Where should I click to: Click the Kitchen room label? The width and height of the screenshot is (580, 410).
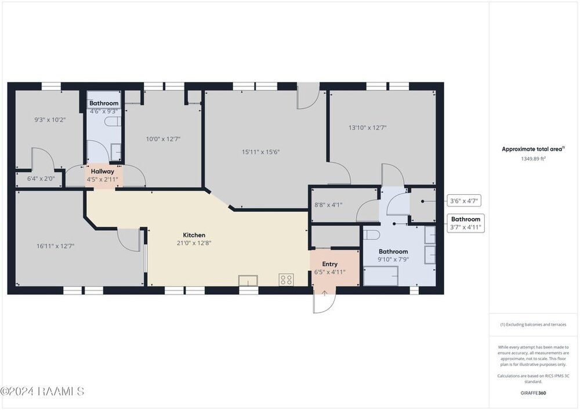coord(194,235)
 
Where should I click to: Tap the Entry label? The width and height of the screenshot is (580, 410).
coord(329,264)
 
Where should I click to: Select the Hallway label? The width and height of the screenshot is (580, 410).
coord(103,172)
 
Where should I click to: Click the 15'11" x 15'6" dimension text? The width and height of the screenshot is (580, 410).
coord(261,152)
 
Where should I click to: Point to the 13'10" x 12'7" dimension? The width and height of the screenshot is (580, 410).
coord(367,128)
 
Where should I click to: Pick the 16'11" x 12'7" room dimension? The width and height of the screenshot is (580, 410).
coord(56,246)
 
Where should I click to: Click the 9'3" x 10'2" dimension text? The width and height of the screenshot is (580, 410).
coord(50,120)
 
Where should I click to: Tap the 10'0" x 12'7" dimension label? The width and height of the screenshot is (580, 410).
coord(163,139)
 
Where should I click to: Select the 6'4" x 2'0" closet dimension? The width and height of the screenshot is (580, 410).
coord(41,179)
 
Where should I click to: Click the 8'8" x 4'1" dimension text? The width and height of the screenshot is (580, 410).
coord(328,205)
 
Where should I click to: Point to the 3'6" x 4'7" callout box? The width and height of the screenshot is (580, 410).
coord(464,201)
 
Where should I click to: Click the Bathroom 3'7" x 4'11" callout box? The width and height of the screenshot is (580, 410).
coord(466,223)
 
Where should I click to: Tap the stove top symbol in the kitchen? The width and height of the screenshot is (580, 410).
coord(287,280)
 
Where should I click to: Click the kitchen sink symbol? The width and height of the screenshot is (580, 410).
coord(248,281)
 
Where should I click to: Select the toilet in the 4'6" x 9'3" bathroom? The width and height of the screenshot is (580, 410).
coord(113,122)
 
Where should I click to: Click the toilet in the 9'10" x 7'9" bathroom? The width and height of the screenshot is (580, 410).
coord(371,235)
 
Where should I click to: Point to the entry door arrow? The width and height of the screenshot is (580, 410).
coord(324,293)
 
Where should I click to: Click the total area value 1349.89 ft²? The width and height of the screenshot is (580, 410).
coord(533,158)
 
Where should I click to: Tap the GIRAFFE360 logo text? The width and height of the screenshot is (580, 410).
coord(533,393)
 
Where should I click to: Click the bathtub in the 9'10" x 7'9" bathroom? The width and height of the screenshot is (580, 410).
coord(380,276)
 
